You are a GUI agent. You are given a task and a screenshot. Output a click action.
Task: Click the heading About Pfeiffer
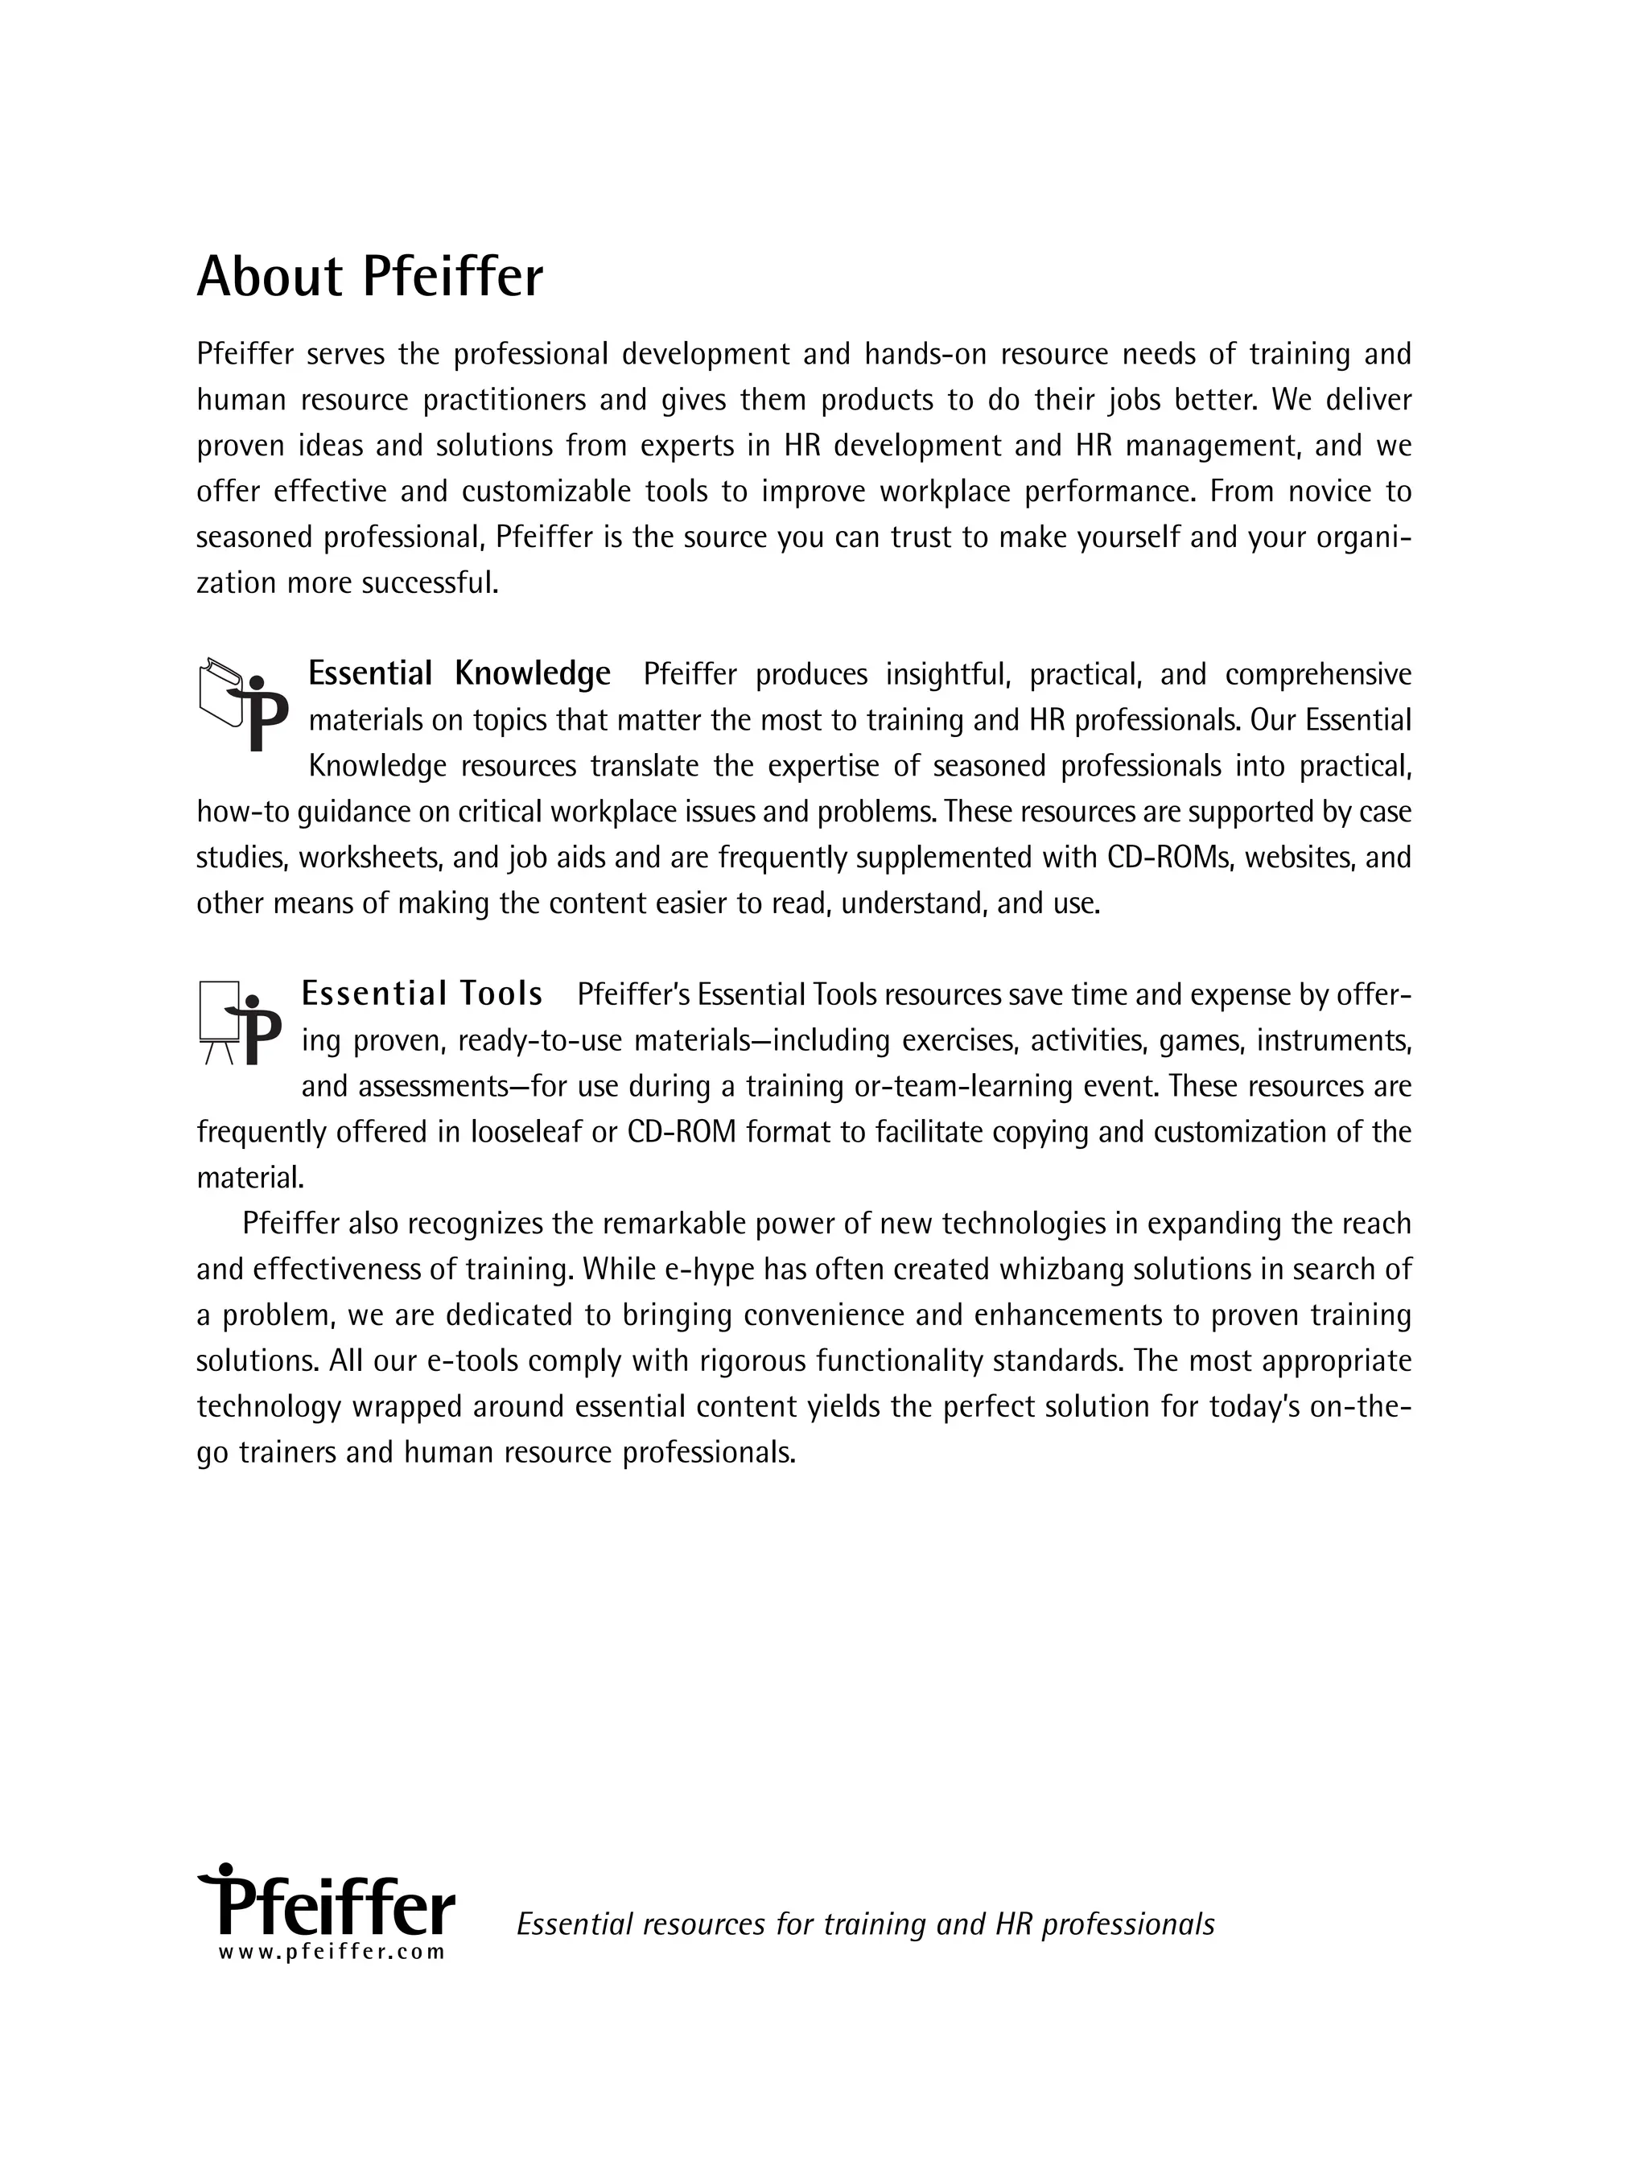(369, 277)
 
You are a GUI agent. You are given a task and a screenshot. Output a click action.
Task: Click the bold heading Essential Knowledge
(459, 674)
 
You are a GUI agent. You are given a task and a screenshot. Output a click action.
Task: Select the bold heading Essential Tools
(422, 994)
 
